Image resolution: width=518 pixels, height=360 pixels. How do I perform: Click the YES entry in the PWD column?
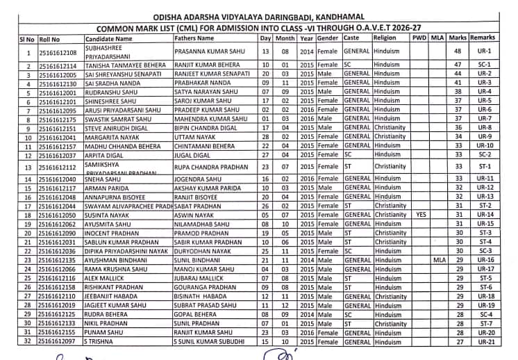[x=419, y=215]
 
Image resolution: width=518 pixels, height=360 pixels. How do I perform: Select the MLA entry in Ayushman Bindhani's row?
[x=437, y=260]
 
